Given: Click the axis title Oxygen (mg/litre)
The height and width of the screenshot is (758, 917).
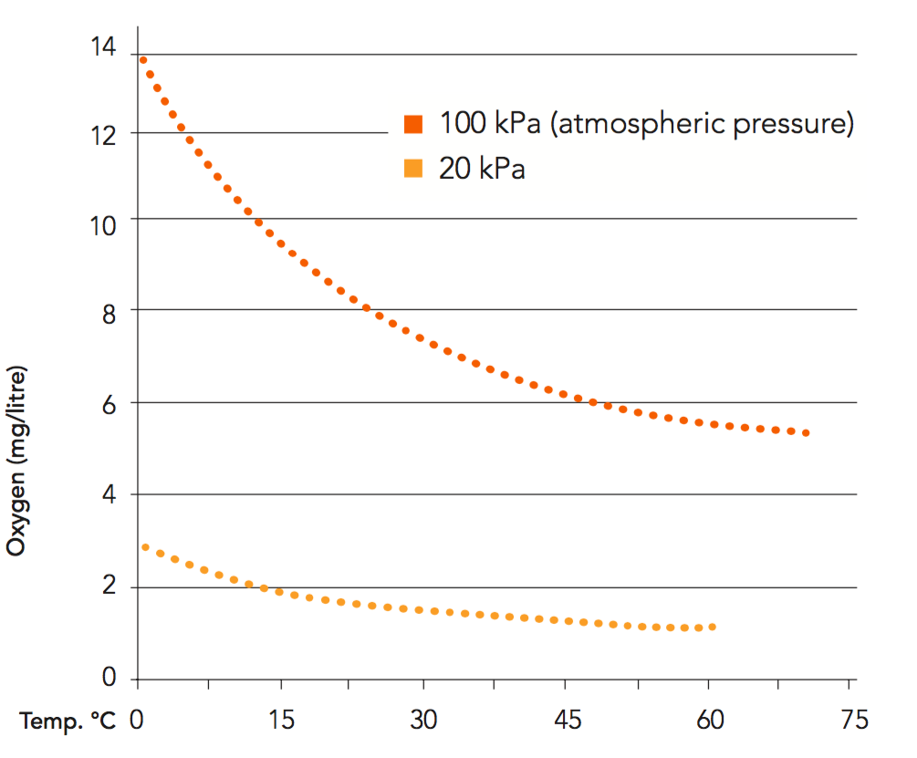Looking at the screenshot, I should pos(16,462).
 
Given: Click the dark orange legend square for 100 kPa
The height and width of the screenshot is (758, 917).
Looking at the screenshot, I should pos(413,123).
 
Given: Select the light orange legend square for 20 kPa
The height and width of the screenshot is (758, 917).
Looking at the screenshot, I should pos(413,169).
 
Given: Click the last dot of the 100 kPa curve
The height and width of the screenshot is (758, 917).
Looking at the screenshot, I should pos(807,432).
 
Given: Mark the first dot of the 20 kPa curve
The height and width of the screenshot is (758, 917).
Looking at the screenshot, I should pos(145,547).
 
